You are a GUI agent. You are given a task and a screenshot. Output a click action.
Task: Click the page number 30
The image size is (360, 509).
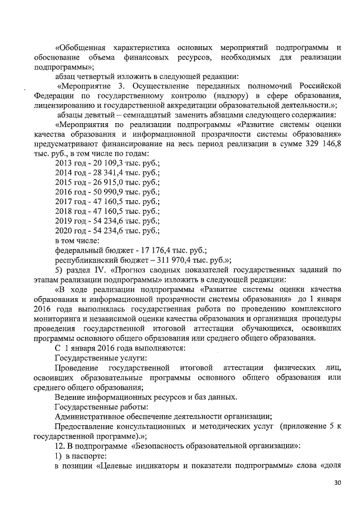tap(337, 483)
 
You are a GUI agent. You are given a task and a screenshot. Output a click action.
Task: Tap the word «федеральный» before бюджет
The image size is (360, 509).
tap(77, 250)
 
